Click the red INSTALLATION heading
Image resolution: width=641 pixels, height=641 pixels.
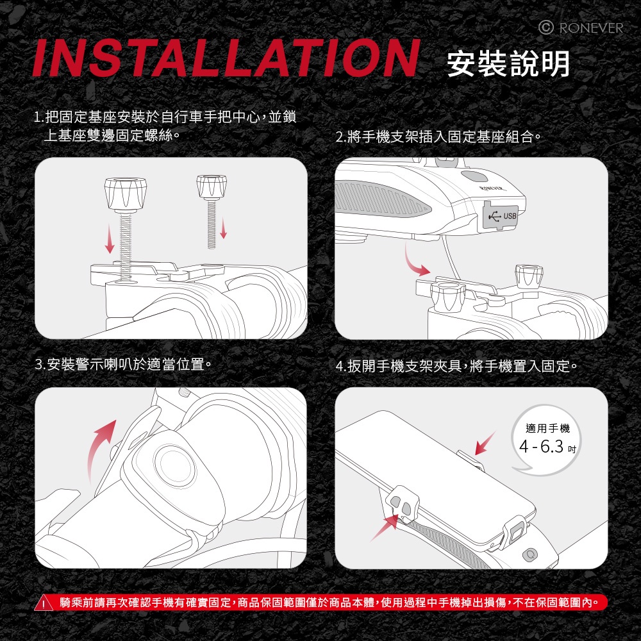[226, 58]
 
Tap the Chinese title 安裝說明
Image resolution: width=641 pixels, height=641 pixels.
[508, 63]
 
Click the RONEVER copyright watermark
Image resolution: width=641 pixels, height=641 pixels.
[581, 28]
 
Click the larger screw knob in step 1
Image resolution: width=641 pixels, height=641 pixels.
[126, 194]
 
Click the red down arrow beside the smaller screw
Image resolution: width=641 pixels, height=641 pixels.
[223, 228]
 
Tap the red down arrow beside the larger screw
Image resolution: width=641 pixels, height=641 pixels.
[110, 238]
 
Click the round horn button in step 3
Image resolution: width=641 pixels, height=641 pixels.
[176, 463]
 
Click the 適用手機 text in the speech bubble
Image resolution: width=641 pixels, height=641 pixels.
[547, 428]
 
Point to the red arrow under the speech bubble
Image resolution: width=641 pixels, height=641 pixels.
[485, 443]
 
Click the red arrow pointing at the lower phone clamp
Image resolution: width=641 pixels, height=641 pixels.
[384, 528]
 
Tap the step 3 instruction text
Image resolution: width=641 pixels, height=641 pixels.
[124, 364]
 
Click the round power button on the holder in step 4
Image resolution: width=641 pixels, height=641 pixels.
[530, 554]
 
